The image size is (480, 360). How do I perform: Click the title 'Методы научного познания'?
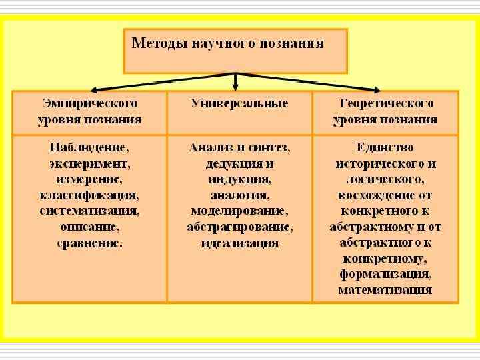tap(228, 44)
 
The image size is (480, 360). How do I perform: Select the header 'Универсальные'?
tap(239, 103)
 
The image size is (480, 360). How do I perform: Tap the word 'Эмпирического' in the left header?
tap(90, 103)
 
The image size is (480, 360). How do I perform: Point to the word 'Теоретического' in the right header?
tap(385, 103)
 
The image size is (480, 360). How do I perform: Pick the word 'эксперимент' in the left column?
tap(89, 163)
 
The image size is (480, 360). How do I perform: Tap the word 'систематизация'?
tap(89, 211)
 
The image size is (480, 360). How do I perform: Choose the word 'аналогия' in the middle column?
tap(239, 195)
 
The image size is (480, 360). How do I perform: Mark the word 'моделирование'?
tap(239, 211)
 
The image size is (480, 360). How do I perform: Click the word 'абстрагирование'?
tap(239, 227)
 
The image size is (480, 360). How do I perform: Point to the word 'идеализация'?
tap(239, 243)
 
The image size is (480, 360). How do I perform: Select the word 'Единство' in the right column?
tap(385, 147)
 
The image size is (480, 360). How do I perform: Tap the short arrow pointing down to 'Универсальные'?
tap(235, 83)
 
